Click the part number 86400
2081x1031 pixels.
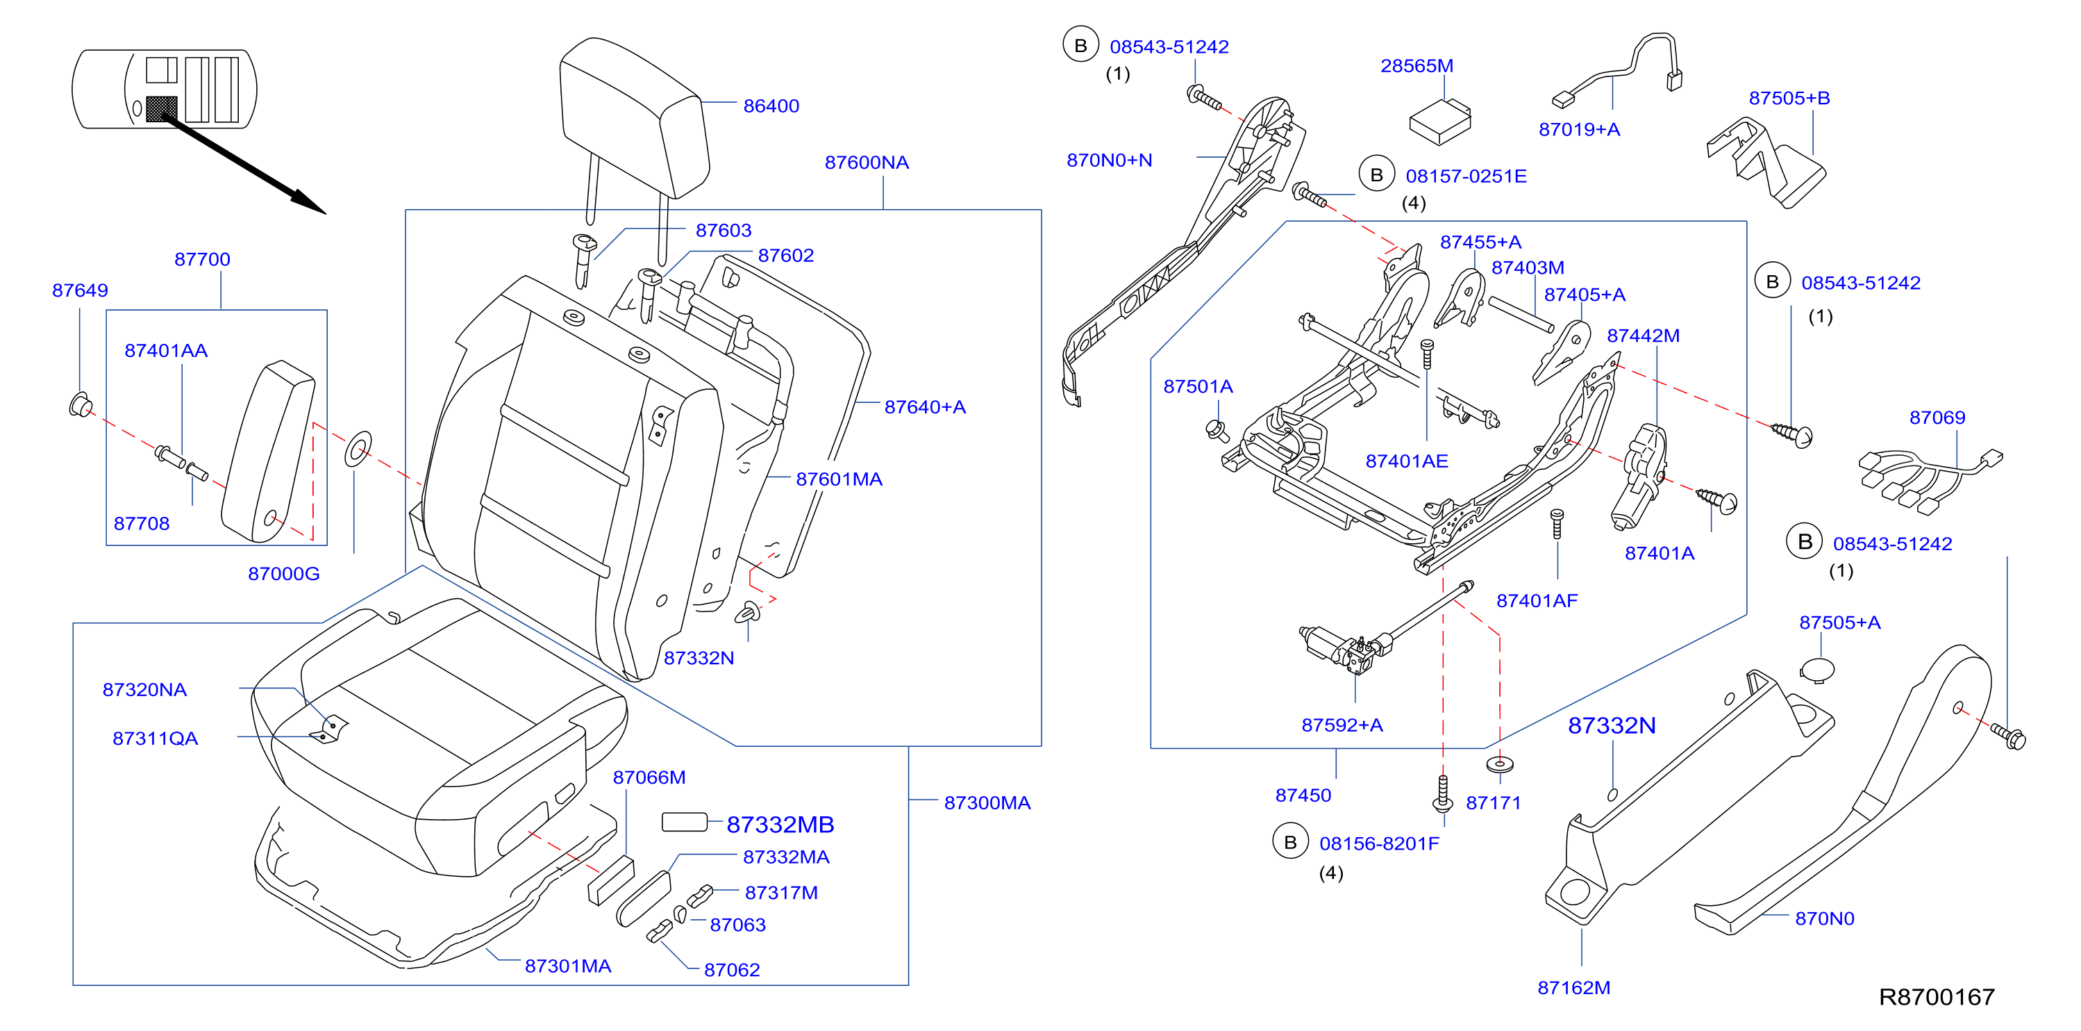[x=771, y=106]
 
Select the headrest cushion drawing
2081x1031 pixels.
[x=634, y=117]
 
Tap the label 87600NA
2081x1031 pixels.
[x=866, y=163]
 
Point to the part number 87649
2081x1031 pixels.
[x=80, y=290]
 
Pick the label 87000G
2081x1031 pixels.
[x=283, y=574]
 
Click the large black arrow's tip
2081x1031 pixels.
[x=325, y=213]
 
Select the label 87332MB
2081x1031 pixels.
[x=780, y=824]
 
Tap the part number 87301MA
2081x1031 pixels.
[x=568, y=966]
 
